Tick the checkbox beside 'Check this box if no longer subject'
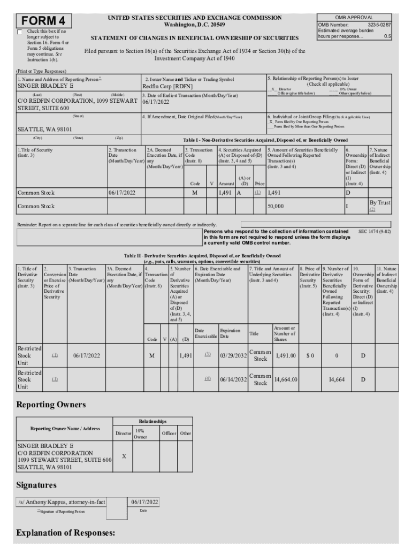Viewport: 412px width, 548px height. [x=20, y=32]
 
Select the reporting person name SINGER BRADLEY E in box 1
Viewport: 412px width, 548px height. [x=46, y=86]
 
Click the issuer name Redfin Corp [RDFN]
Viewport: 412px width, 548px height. [x=167, y=86]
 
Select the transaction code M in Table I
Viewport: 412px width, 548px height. [x=195, y=193]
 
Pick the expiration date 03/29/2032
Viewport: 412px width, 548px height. [x=233, y=355]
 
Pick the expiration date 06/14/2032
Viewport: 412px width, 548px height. [x=233, y=379]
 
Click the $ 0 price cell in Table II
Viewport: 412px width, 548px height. [x=309, y=355]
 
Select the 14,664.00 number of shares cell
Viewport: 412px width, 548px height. [x=286, y=379]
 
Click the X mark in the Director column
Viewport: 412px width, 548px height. [x=123, y=455]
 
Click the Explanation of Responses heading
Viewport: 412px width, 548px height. [x=66, y=533]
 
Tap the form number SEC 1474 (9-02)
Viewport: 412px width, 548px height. [x=374, y=232]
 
